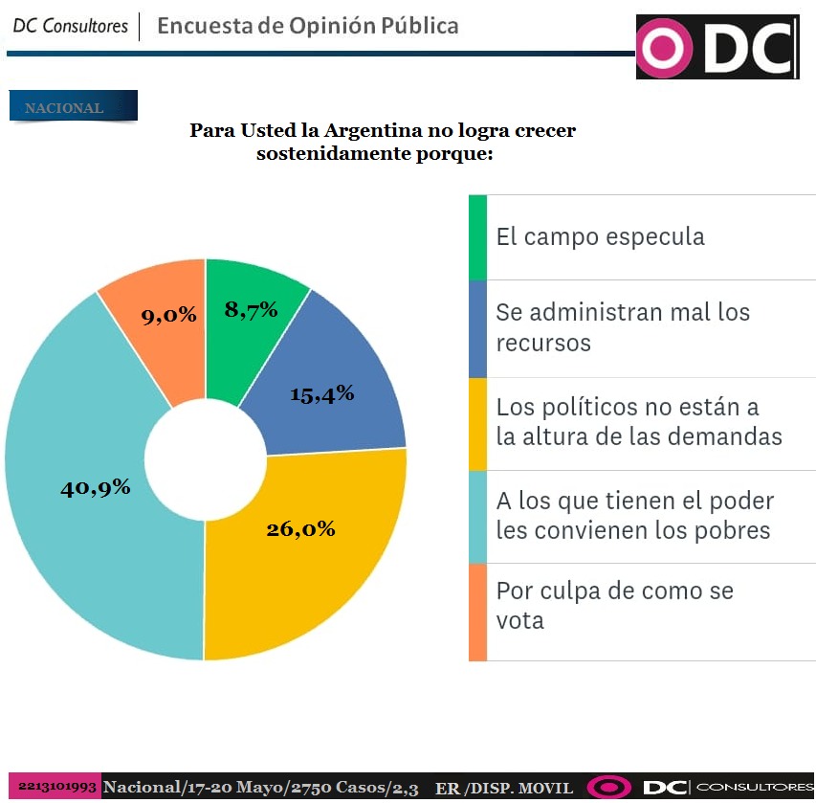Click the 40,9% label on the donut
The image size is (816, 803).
[x=96, y=487]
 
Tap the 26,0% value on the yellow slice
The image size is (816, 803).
[x=300, y=528]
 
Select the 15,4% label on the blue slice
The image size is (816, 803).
[x=322, y=393]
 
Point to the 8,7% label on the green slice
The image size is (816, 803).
[x=251, y=309]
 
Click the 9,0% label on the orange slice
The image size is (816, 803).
[x=169, y=314]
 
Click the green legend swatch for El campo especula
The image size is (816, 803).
[x=477, y=237]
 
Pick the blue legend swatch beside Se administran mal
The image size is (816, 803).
[x=477, y=328]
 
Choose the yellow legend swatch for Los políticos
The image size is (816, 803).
[x=477, y=423]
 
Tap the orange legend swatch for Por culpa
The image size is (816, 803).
[x=477, y=612]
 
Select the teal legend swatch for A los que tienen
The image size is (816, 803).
[x=477, y=517]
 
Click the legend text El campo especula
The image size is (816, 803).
[x=600, y=237]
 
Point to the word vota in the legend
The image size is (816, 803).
[x=519, y=620]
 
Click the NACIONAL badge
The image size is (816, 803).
[x=73, y=107]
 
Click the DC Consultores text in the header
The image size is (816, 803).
[x=70, y=26]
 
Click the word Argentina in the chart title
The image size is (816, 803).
[x=366, y=130]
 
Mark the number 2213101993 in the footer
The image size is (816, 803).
[x=57, y=787]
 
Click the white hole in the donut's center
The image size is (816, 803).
[x=206, y=456]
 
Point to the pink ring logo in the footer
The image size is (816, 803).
[x=609, y=788]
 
